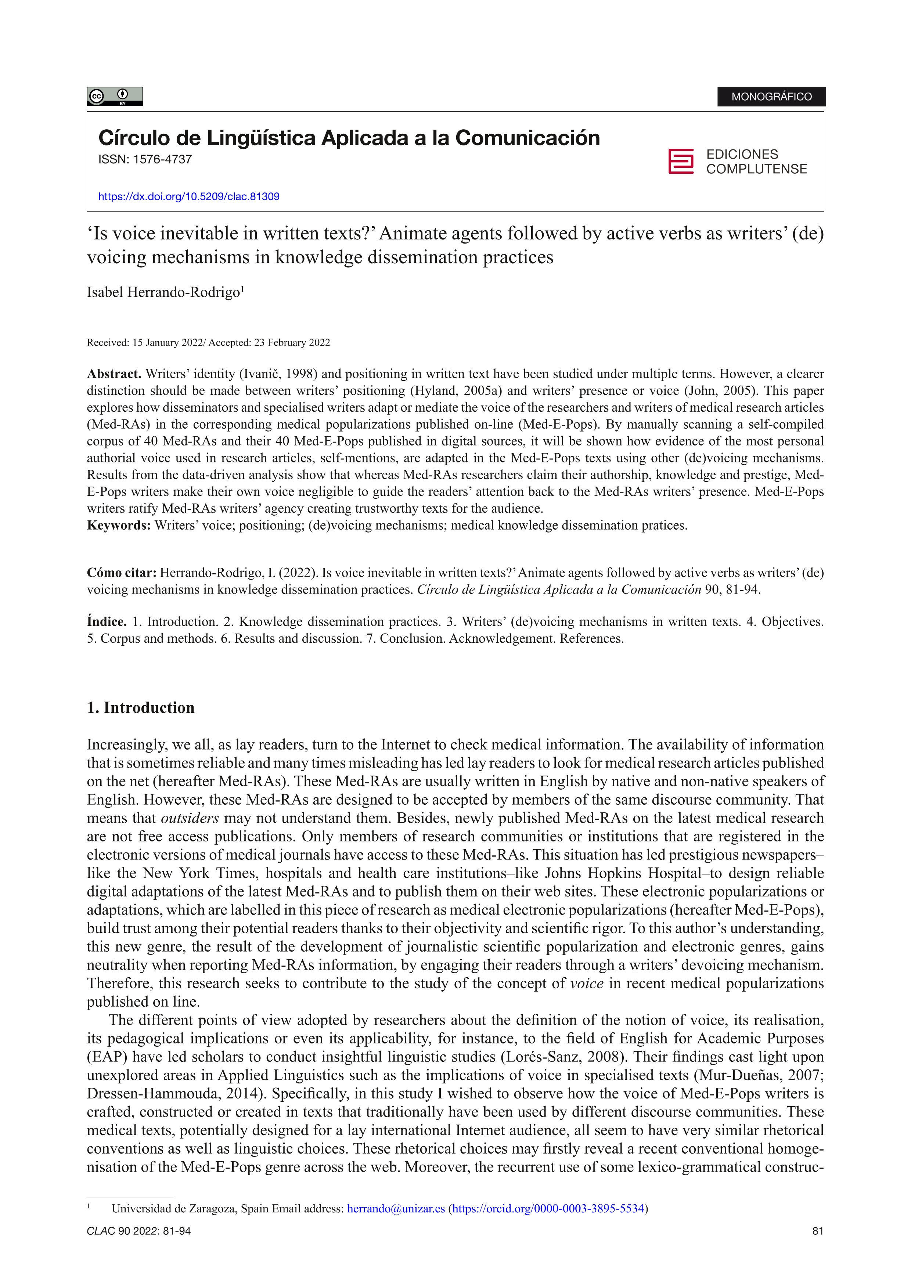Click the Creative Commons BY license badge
tap(115, 97)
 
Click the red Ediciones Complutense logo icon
tap(680, 162)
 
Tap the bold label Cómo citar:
tap(121, 573)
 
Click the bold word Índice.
tap(107, 621)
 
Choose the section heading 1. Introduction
tap(140, 707)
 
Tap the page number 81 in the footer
tap(817, 1231)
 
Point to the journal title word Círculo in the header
tap(129, 138)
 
